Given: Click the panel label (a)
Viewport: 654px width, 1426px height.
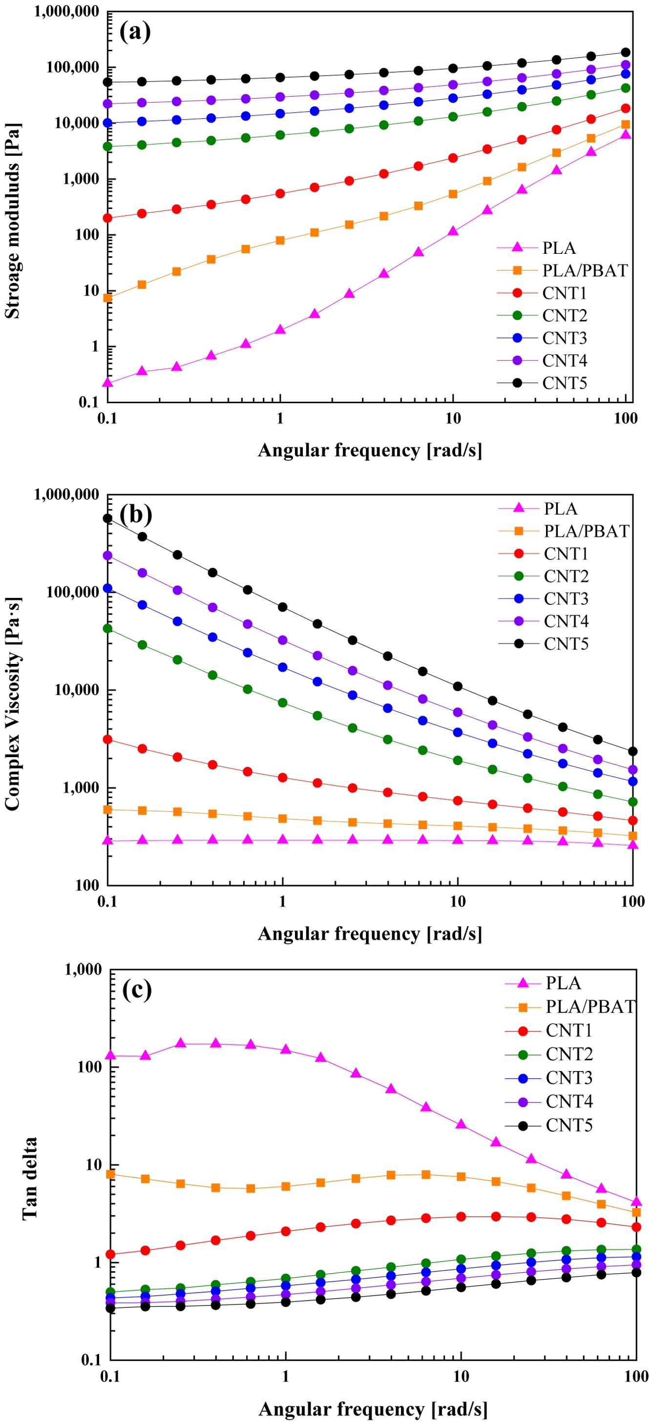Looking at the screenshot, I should pyautogui.click(x=135, y=32).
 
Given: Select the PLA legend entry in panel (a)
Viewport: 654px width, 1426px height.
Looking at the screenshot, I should pyautogui.click(x=558, y=248).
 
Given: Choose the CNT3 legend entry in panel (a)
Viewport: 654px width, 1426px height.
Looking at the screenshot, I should pyautogui.click(x=564, y=338).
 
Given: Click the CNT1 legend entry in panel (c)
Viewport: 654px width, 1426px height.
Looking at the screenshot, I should pyautogui.click(x=569, y=1030).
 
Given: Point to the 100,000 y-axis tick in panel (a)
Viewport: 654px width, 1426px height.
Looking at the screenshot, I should pyautogui.click(x=73, y=67).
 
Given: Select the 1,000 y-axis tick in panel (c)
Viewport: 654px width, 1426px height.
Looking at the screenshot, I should pyautogui.click(x=84, y=970).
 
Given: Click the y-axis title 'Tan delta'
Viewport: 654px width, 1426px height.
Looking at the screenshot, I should pyautogui.click(x=30, y=1178).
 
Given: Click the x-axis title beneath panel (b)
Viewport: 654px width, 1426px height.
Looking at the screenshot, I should pyautogui.click(x=369, y=933).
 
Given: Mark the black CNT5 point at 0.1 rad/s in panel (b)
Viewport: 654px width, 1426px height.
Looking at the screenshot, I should pyautogui.click(x=107, y=518).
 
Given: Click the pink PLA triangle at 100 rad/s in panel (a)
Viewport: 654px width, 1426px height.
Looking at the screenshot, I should pyautogui.click(x=626, y=134).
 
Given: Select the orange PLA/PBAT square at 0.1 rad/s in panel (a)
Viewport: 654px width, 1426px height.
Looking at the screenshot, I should pyautogui.click(x=107, y=298).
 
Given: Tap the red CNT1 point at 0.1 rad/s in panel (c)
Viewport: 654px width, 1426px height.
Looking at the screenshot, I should pyautogui.click(x=110, y=1254).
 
